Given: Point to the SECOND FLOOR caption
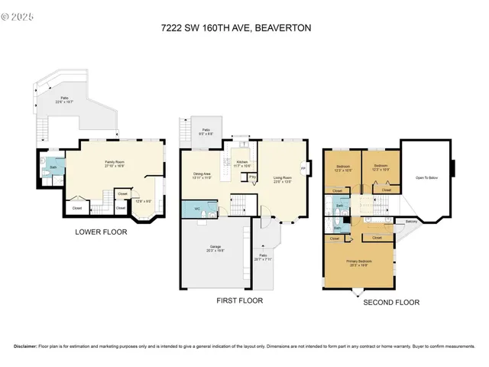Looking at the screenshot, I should tap(390, 302).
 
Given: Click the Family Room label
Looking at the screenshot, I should tap(115, 163).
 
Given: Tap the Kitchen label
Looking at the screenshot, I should tap(241, 164).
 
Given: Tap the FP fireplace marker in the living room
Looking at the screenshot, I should tap(303, 168).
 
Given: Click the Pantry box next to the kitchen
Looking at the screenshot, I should tap(252, 178).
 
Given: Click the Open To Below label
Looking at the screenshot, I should tap(426, 177).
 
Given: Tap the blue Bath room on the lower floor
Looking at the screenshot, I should tap(53, 168).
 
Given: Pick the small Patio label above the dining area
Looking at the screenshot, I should tap(206, 132).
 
